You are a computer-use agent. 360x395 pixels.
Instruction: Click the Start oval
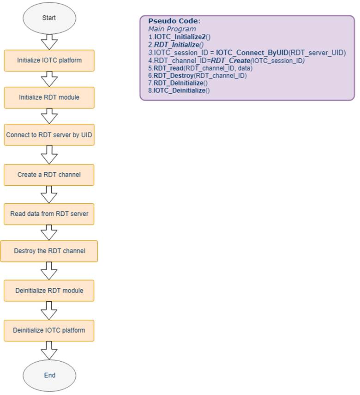(x=49, y=18)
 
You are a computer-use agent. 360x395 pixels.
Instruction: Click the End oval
(x=49, y=375)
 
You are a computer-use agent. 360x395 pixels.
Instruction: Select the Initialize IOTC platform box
(x=49, y=61)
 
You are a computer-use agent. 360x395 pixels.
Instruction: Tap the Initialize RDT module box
(x=49, y=97)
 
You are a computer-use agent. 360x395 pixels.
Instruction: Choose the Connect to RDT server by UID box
(x=49, y=135)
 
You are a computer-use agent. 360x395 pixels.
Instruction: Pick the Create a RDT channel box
(x=49, y=175)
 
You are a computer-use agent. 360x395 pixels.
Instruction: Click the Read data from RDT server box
(x=49, y=214)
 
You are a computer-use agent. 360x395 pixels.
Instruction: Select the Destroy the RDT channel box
(x=49, y=251)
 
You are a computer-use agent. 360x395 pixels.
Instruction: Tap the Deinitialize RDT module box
(x=49, y=291)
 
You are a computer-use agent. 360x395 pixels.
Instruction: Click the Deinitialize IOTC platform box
(x=49, y=330)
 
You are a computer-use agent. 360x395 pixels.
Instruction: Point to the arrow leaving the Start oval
(x=49, y=42)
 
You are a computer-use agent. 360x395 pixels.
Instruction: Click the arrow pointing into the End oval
(x=49, y=350)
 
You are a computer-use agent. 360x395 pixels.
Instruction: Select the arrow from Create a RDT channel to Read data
(x=49, y=194)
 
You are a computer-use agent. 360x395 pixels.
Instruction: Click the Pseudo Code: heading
(x=174, y=21)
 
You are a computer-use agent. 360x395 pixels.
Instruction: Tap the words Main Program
(x=172, y=29)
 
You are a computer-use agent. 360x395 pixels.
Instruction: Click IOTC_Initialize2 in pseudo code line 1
(x=180, y=37)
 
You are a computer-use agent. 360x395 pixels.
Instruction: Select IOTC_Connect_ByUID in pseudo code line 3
(x=252, y=53)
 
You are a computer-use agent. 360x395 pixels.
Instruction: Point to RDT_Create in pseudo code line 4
(x=230, y=61)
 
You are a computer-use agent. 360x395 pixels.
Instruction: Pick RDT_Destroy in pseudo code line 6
(x=174, y=76)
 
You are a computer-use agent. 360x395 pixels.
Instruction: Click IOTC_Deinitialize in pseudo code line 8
(x=179, y=91)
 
